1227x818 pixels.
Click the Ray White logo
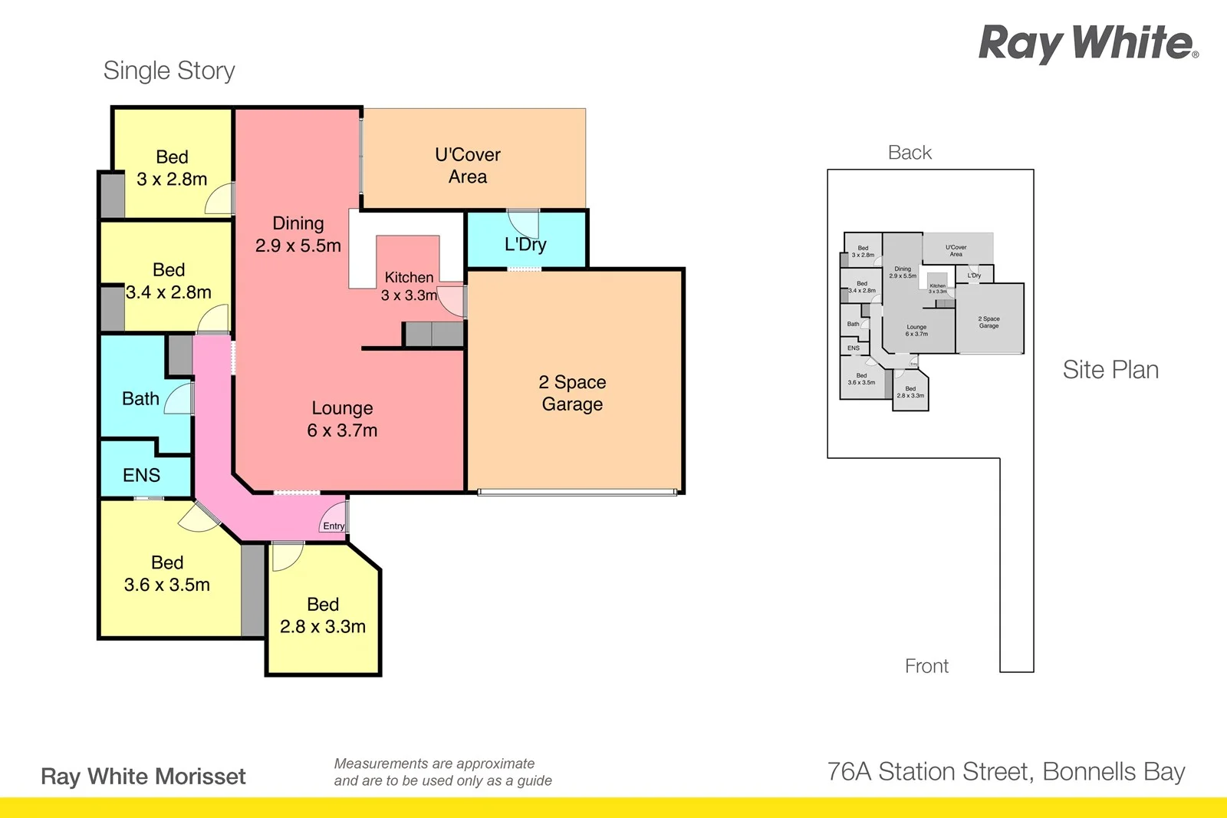click(1087, 43)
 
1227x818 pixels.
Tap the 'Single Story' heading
click(169, 71)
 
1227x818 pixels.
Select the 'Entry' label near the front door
click(334, 526)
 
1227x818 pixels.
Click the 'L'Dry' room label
click(525, 245)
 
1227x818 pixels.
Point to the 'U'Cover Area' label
click(468, 166)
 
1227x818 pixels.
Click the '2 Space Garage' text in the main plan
click(572, 393)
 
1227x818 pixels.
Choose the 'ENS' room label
click(141, 475)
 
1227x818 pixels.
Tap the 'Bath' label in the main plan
click(140, 398)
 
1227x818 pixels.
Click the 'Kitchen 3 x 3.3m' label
click(409, 286)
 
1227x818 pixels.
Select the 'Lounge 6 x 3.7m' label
click(342, 419)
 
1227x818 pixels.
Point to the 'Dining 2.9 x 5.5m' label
click(298, 234)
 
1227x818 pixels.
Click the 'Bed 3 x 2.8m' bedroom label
click(172, 168)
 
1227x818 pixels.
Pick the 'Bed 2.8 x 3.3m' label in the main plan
click(323, 615)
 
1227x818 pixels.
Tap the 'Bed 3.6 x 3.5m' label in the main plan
click(167, 573)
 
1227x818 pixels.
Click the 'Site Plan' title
click(1110, 370)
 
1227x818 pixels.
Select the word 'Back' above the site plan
click(910, 153)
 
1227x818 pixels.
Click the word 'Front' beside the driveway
click(926, 666)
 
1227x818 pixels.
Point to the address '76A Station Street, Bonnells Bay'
click(1005, 771)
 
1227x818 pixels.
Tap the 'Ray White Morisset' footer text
click(143, 777)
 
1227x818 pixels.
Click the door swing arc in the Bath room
click(179, 398)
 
